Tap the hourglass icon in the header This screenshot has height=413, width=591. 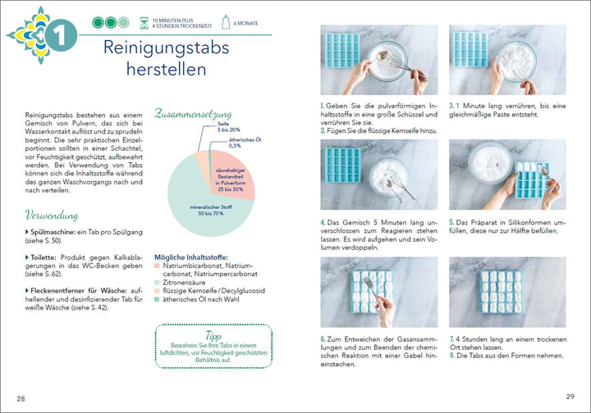144,22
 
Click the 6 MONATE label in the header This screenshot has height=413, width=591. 245,23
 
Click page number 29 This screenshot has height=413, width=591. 570,396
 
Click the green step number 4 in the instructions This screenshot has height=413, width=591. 323,221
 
